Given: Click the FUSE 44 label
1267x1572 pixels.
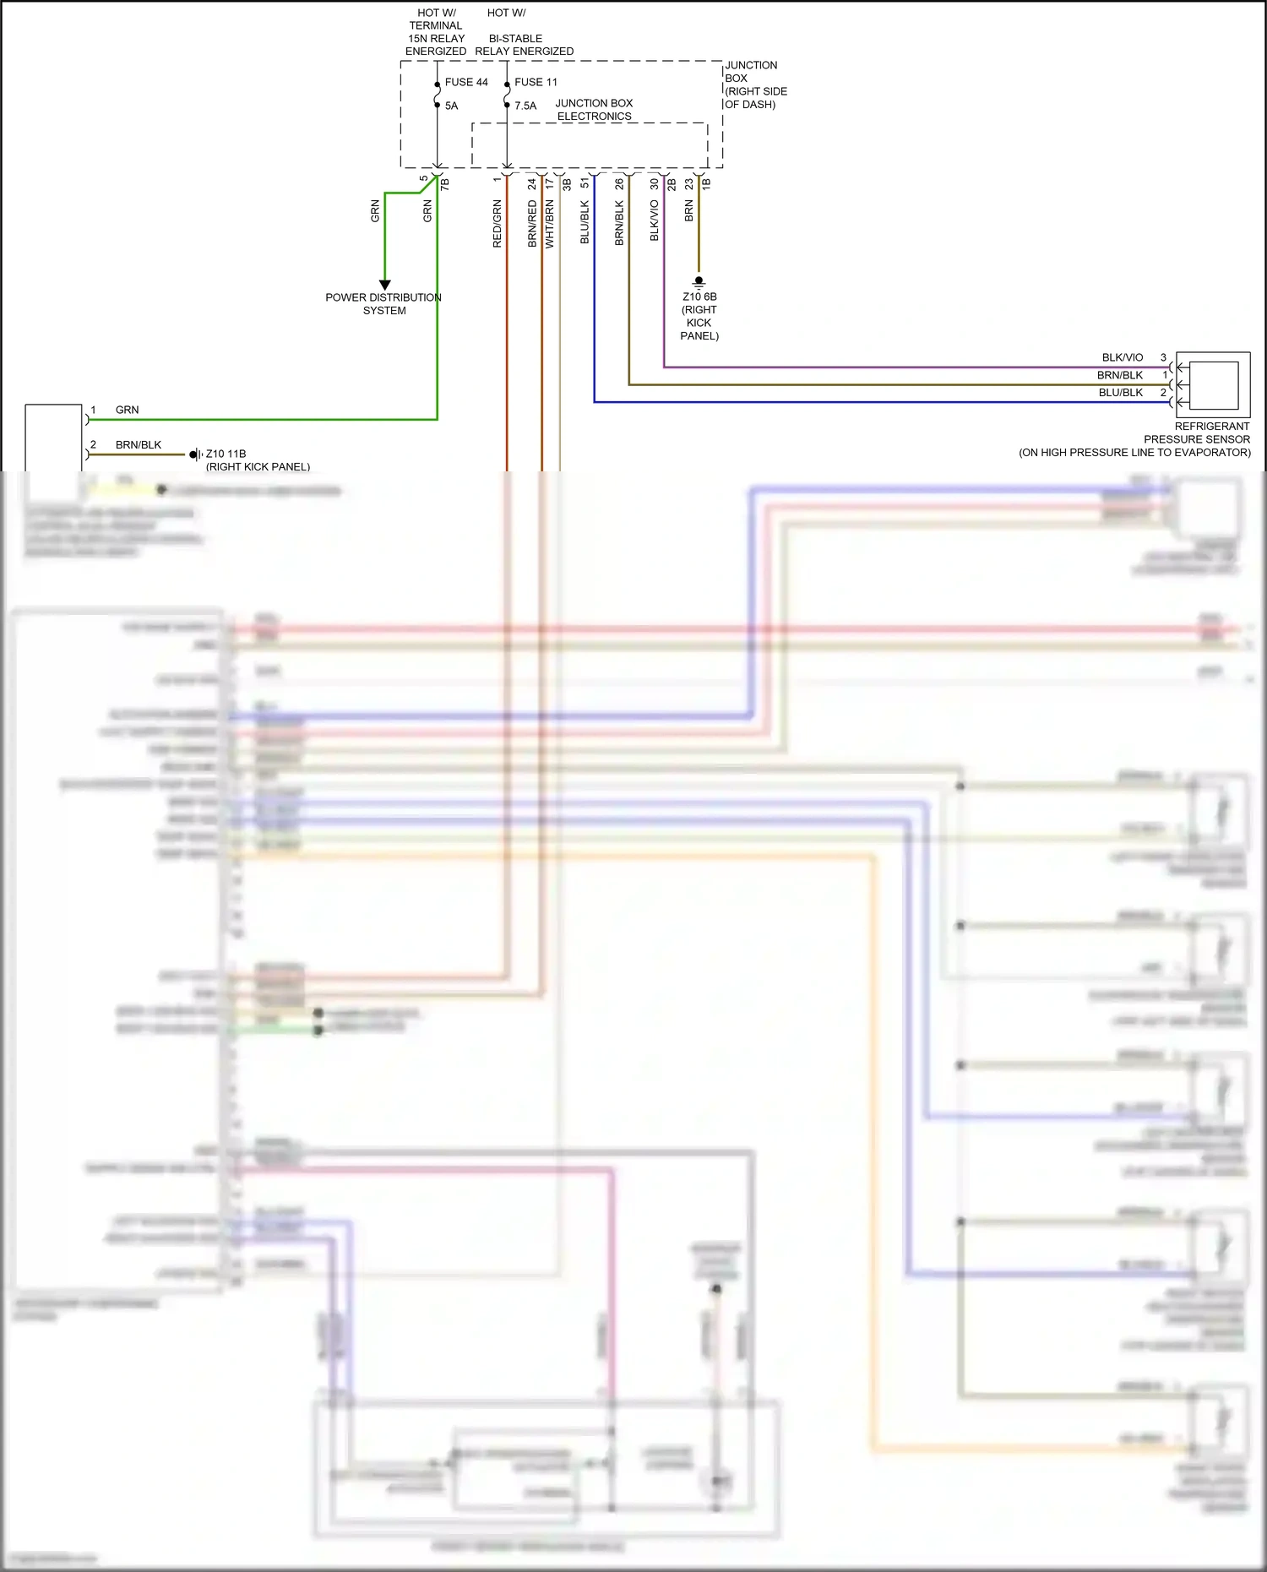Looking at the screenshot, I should [466, 82].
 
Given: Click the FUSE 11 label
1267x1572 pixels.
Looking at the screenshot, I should [536, 82].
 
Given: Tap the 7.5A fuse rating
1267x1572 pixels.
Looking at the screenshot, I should [525, 106].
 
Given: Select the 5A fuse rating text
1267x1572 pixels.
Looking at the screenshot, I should [451, 106].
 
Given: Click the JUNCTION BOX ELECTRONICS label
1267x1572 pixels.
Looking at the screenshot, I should [594, 110].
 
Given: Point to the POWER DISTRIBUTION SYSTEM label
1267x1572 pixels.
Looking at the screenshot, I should [383, 304].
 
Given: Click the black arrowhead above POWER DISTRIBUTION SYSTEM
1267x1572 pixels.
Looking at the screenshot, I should [384, 285].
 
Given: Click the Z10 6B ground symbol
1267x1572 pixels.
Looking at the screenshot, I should [699, 280].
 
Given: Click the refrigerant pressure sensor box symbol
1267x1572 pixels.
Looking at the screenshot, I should [1213, 384].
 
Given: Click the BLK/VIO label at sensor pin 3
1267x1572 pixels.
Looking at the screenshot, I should [1122, 357].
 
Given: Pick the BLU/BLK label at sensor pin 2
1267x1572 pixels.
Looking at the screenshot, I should [1120, 393].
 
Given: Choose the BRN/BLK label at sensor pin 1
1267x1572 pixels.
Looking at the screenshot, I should [1120, 375].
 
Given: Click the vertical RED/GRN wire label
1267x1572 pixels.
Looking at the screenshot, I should [497, 224].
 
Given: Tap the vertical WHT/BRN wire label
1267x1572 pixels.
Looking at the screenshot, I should [549, 224].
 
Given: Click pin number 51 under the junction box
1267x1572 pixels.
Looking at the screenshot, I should [585, 183].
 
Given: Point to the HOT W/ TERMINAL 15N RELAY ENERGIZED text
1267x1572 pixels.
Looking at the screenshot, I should [436, 32].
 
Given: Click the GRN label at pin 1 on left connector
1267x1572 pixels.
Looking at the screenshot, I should [127, 410].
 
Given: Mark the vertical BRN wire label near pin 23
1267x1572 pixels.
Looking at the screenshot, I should [688, 211].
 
